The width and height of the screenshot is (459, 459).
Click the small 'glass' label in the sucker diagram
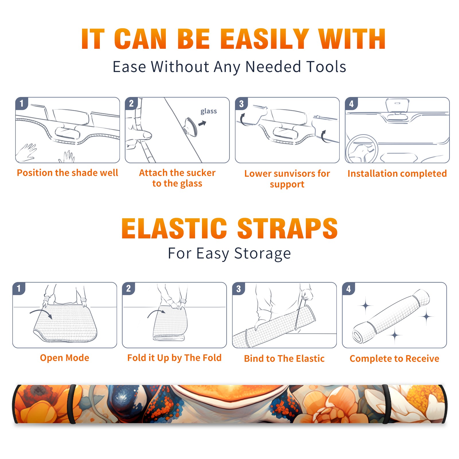point(209,111)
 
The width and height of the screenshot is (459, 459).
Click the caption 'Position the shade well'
point(67,173)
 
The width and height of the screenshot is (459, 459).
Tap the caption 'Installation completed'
point(397,173)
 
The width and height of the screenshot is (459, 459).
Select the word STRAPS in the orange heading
point(287,228)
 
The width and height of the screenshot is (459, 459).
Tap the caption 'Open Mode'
point(65,358)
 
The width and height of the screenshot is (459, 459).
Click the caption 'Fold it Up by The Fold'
point(174,358)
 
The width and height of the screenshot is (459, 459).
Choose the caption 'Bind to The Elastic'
point(284,358)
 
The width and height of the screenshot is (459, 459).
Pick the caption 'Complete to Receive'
point(394,359)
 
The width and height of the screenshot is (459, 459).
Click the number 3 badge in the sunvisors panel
point(241,104)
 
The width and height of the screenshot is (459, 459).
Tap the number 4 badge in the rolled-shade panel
point(349,289)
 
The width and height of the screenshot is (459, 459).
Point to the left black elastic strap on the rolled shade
point(71,404)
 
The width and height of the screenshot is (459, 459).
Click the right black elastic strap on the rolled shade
point(386,404)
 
